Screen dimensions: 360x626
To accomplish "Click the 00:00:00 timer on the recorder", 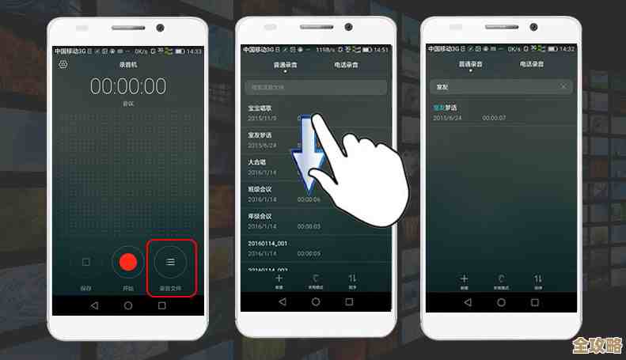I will (127, 86).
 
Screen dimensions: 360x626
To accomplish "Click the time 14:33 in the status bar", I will (194, 51).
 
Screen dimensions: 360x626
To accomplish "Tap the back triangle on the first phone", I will (94, 305).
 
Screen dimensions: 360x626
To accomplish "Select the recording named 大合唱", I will (257, 162).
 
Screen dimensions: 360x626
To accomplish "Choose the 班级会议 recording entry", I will (260, 189).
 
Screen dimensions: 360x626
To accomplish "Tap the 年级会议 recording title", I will (260, 216).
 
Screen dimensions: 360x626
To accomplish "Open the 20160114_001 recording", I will (267, 243).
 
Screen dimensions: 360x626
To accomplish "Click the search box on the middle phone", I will (315, 87).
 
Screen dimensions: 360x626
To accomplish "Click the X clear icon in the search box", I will (563, 85).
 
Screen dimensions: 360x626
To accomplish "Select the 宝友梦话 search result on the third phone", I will (446, 107).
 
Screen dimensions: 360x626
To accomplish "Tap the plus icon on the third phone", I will (465, 279).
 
